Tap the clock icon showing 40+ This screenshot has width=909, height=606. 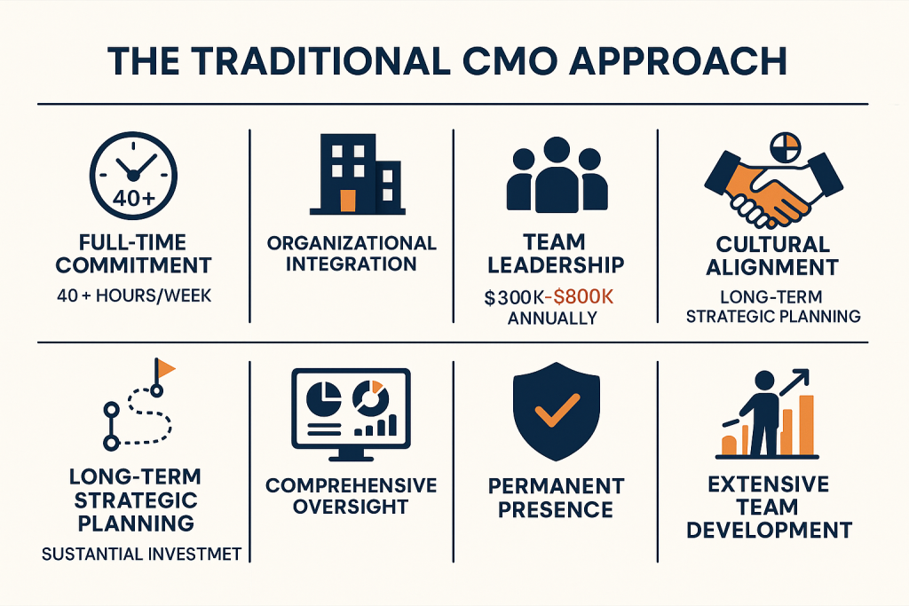[133, 176]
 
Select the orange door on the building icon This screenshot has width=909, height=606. [348, 201]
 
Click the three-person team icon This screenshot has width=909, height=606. [557, 175]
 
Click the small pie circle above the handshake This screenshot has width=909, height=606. [786, 147]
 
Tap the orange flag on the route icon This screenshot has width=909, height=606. [166, 368]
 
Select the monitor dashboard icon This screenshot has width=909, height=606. [351, 414]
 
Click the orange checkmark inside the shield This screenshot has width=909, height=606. [557, 410]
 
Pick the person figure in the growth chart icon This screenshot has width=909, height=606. [763, 413]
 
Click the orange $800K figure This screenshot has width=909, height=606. [583, 297]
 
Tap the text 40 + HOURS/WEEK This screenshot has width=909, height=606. [134, 295]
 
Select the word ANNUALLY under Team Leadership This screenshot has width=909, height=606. [552, 318]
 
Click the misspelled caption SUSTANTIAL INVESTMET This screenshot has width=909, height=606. [141, 555]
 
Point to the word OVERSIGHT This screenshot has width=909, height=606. [351, 507]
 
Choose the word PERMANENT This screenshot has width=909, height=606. [556, 486]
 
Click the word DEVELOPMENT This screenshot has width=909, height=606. [770, 530]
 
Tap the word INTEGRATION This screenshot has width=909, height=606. [352, 264]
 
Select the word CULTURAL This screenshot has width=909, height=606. [773, 244]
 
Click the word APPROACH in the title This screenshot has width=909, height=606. [678, 60]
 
